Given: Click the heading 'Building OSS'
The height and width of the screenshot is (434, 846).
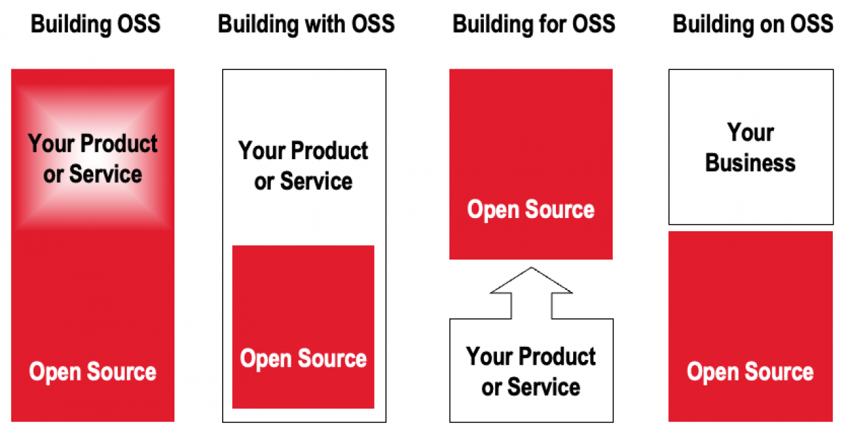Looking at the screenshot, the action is point(96,24).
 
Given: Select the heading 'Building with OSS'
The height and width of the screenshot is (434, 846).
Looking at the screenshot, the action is point(306,24).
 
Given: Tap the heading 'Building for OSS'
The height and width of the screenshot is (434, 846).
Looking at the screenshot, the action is point(533,24).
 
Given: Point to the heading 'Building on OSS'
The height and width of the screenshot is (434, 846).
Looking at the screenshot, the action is point(753,24).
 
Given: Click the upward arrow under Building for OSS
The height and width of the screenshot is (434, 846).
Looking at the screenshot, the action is point(531,293).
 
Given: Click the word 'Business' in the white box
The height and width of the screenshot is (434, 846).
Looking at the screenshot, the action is point(750,163).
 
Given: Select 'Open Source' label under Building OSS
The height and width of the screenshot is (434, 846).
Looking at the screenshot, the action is point(93,372).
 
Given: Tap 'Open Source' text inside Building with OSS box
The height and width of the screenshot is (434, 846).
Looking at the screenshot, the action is point(303,359).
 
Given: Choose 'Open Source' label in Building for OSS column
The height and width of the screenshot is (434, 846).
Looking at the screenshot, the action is point(531,210).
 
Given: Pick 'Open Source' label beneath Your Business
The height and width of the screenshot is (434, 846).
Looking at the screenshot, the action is point(750,372).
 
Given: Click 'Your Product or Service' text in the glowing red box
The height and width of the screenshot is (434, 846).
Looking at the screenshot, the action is point(93,159).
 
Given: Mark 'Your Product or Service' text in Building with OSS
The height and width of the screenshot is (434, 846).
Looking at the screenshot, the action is point(303,166).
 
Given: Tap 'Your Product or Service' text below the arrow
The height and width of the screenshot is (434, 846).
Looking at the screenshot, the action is point(531,372).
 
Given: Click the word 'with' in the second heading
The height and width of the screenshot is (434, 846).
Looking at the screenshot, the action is point(325,24).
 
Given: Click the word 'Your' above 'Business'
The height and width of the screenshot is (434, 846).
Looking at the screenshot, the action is point(750,133).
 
